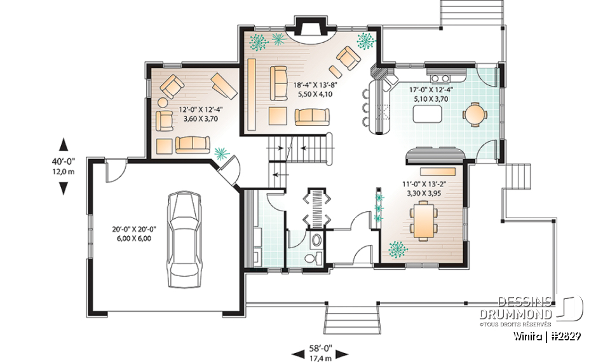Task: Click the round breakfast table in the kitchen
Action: point(475,115)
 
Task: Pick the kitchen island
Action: point(427,115)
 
